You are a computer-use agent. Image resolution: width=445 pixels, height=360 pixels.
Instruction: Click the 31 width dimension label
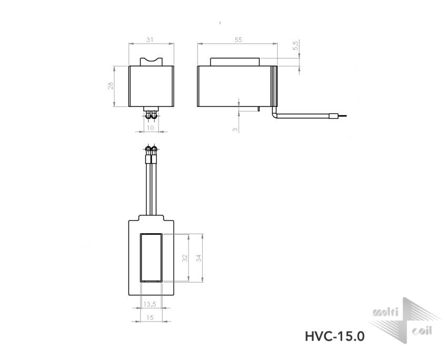tap(150, 39)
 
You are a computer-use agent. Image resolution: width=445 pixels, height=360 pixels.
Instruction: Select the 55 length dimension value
tap(239, 39)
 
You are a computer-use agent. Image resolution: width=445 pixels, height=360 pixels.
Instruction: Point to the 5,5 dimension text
tap(296, 46)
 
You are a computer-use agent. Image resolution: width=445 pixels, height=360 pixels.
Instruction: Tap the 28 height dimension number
tap(111, 86)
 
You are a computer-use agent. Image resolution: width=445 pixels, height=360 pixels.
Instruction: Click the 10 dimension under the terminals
tap(151, 128)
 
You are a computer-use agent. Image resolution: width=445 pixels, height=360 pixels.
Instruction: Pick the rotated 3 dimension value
tap(235, 129)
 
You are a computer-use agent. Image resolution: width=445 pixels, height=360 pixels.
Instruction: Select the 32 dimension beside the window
tap(185, 258)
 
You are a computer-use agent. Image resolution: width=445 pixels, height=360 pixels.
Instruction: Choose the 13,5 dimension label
tap(150, 304)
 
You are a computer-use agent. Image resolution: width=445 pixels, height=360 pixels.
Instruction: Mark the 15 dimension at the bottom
tap(150, 317)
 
